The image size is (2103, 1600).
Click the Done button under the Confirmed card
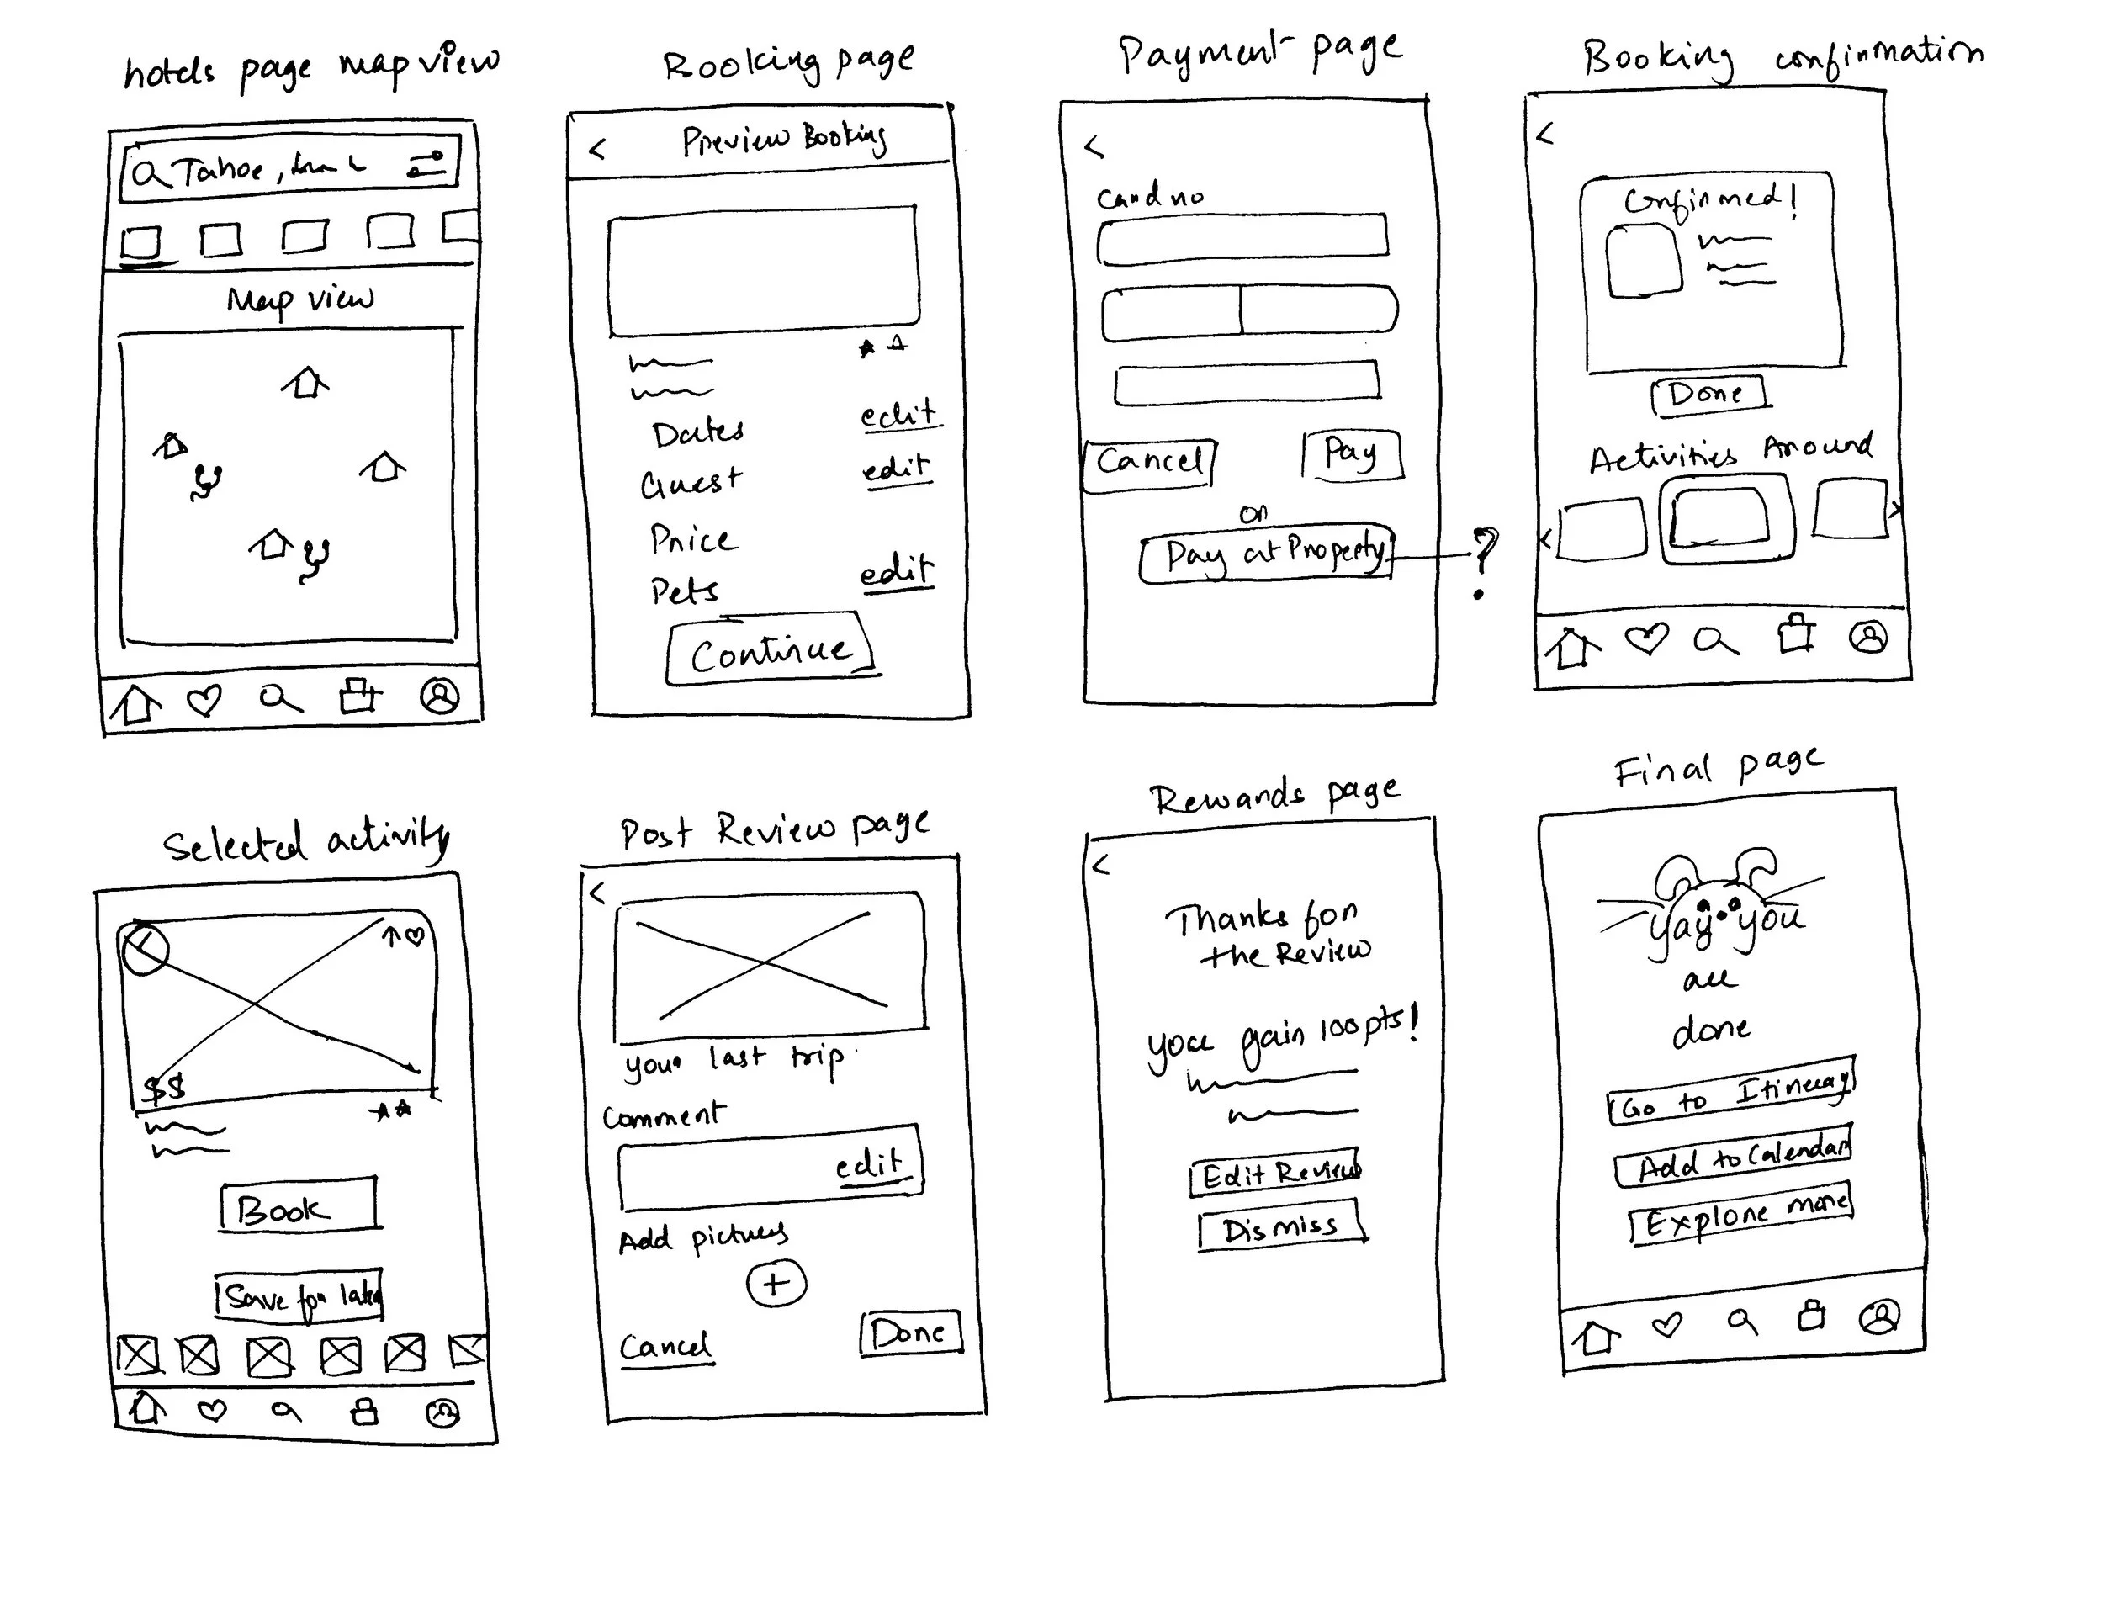click(1706, 394)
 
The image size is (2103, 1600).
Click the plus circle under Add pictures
click(776, 1284)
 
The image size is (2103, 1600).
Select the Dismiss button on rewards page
click(1281, 1227)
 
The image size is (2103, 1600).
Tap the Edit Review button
click(1276, 1174)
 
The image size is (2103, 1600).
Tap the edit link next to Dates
click(898, 416)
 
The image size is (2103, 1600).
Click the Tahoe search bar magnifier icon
click(149, 174)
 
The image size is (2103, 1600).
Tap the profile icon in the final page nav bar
click(1879, 1317)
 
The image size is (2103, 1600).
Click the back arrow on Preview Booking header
click(598, 149)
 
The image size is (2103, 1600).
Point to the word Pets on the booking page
click(684, 591)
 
